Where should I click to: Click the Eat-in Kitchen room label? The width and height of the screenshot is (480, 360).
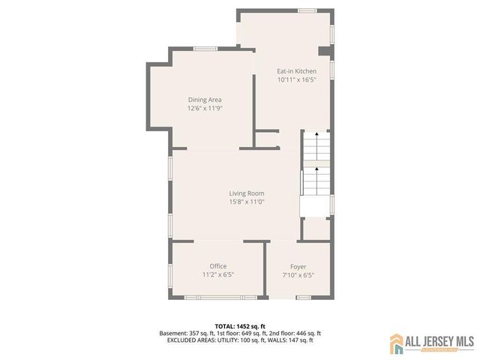[x=292, y=71]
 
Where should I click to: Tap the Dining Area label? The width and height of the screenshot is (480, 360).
[x=205, y=100]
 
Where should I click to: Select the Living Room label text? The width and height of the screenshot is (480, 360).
[x=247, y=193]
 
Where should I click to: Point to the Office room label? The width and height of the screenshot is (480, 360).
[x=218, y=266]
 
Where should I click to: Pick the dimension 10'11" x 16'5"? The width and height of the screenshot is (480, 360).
[x=292, y=79]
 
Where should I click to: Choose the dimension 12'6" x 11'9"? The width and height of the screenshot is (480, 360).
[x=205, y=108]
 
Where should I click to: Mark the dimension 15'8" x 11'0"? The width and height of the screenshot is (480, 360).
[x=247, y=202]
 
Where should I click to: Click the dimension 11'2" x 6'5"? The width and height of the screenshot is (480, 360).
[x=218, y=274]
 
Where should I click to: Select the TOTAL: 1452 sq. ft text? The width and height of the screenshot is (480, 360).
[x=240, y=325]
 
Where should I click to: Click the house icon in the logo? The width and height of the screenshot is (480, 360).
[x=395, y=344]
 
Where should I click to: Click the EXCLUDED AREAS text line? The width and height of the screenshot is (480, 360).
[x=240, y=340]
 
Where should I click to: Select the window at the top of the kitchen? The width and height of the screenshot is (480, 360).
[x=307, y=10]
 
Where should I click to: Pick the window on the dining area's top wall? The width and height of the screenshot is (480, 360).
[x=205, y=49]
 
